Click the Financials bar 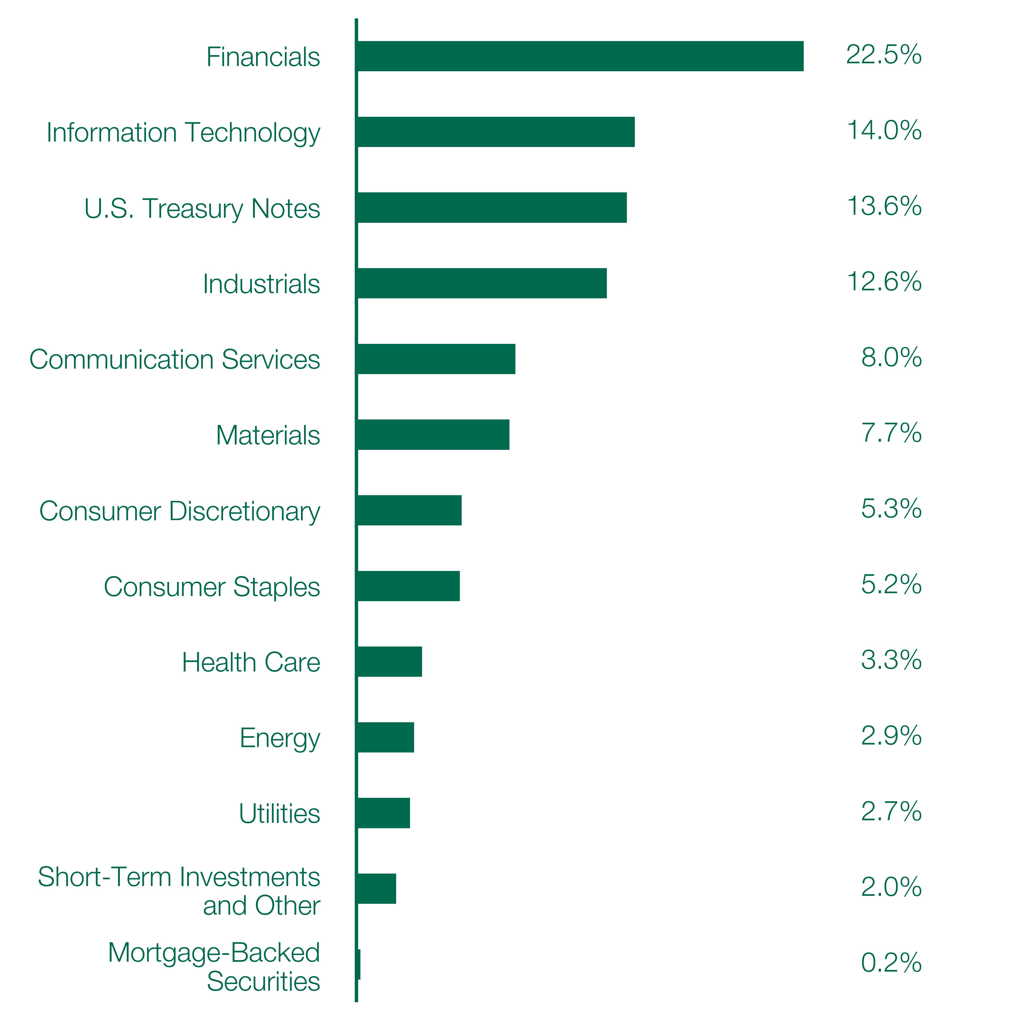coord(580,56)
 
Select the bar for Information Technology coord(496,132)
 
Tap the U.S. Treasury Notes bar coord(492,208)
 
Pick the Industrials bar coord(482,283)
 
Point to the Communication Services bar coord(436,359)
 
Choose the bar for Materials coord(433,434)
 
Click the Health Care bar coord(389,662)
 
